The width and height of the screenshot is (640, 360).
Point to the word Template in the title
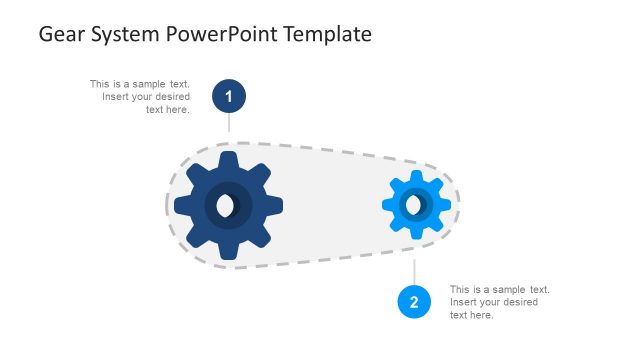(x=328, y=34)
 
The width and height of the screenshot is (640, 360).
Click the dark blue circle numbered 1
(x=229, y=96)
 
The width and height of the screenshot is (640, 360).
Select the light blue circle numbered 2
(x=414, y=302)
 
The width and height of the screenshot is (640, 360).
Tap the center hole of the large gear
(x=228, y=206)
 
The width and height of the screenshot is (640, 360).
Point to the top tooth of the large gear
(x=228, y=159)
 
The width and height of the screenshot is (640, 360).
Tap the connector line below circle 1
(x=229, y=122)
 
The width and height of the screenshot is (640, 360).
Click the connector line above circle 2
(x=414, y=272)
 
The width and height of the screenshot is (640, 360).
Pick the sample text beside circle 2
(x=499, y=302)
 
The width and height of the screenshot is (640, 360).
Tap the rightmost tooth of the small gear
(x=445, y=205)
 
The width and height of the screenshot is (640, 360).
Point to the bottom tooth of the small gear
(x=415, y=234)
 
